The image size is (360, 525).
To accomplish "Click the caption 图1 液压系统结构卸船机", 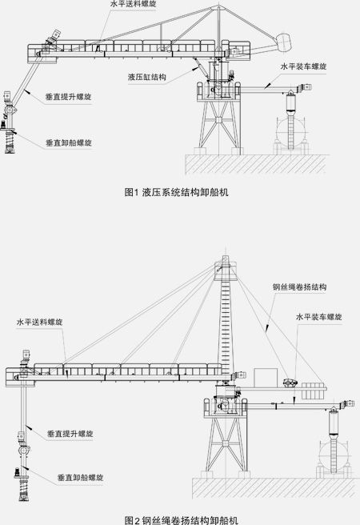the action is click(x=176, y=192).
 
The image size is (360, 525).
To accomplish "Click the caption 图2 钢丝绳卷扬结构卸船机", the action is click(x=181, y=520).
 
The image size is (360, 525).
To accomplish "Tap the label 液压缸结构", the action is click(x=147, y=77).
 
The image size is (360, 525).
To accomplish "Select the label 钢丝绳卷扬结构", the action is click(x=299, y=287).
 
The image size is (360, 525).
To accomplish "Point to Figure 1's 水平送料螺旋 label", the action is click(x=133, y=4).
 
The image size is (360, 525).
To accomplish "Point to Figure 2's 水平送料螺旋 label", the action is click(x=39, y=322).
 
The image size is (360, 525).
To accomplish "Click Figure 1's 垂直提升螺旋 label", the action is click(x=69, y=97).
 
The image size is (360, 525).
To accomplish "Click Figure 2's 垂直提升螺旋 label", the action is click(x=70, y=434).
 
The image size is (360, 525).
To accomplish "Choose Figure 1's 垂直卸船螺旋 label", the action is click(x=69, y=143).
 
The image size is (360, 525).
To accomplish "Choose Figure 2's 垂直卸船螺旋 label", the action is click(x=80, y=478).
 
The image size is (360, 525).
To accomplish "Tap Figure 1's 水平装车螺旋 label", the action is click(x=303, y=66).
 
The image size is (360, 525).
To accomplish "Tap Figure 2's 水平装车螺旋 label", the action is click(x=319, y=317).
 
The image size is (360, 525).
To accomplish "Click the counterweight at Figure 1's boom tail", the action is click(x=284, y=42).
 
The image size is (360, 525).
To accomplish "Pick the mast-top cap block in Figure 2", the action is click(x=226, y=268).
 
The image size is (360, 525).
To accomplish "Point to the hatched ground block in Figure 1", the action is click(x=256, y=164).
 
